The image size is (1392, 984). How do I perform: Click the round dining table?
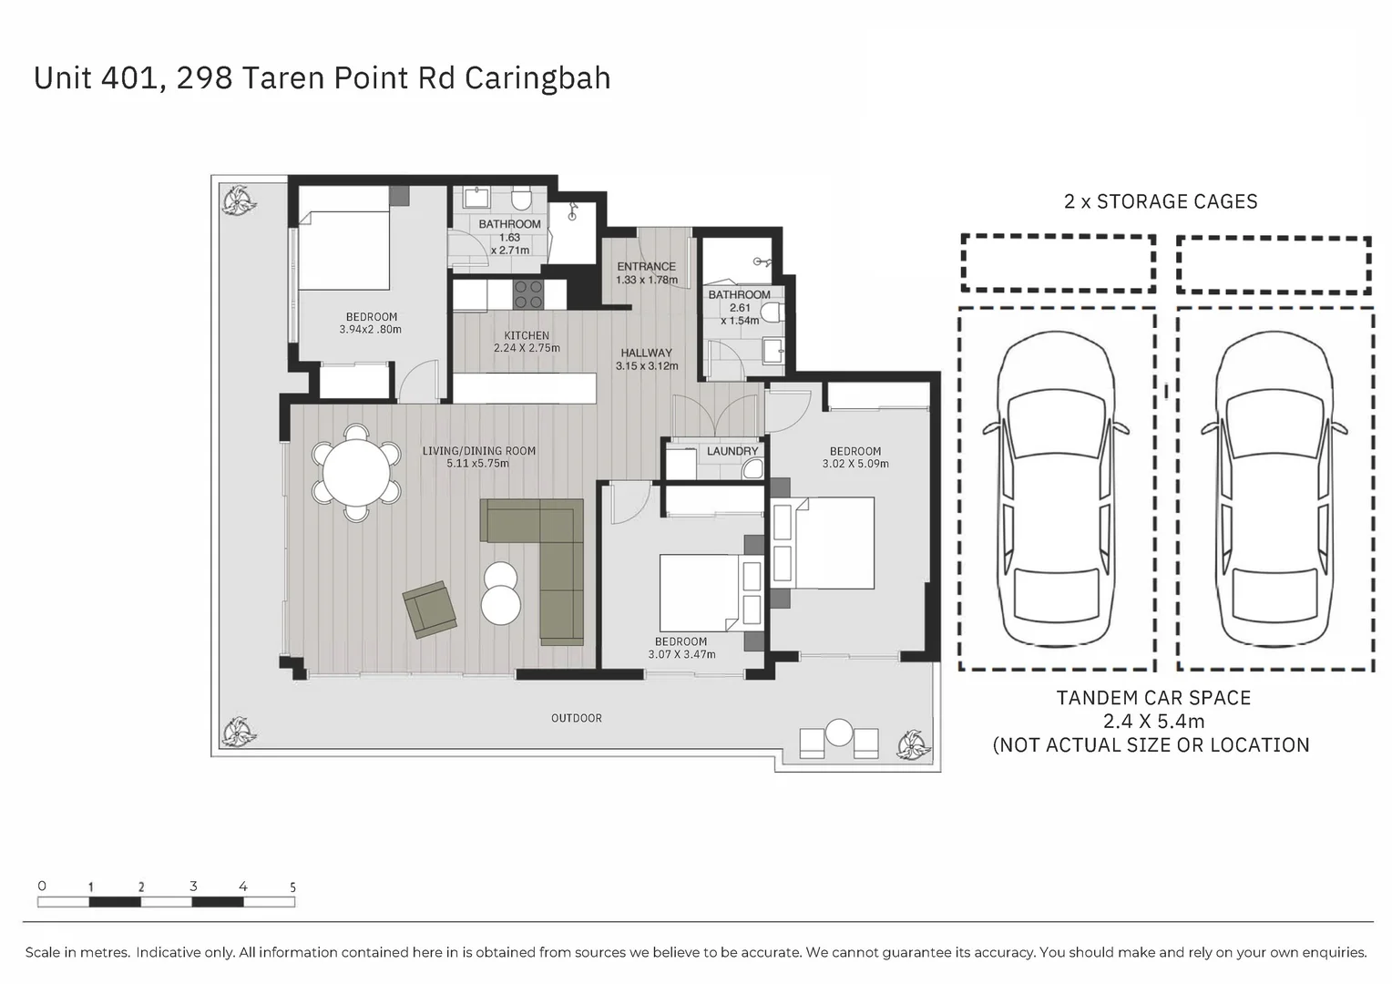pos(356,473)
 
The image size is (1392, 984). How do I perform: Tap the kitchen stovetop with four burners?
pos(528,294)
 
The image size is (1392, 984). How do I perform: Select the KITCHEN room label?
pos(527,335)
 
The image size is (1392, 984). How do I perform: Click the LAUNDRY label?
pos(732,451)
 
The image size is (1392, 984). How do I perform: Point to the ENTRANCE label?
pos(646,267)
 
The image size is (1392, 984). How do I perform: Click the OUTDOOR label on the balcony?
pos(576,718)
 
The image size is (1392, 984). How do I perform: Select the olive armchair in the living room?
pos(429,609)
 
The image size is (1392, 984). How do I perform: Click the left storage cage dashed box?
pos(1058,263)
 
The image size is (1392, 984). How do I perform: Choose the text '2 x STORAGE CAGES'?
pos(1160,201)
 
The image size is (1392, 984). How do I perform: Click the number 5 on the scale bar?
pos(292,887)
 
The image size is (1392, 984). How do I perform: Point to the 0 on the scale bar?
pos(42,886)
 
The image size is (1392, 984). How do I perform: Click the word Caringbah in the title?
pos(537,78)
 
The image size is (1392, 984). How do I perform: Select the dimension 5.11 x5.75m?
pos(478,464)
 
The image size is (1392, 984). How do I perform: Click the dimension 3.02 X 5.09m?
pos(855,464)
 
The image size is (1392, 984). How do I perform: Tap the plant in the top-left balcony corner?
pos(237,200)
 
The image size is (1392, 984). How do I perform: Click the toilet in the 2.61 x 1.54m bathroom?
pos(773,314)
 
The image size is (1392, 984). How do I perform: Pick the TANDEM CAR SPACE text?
pos(1153,698)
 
